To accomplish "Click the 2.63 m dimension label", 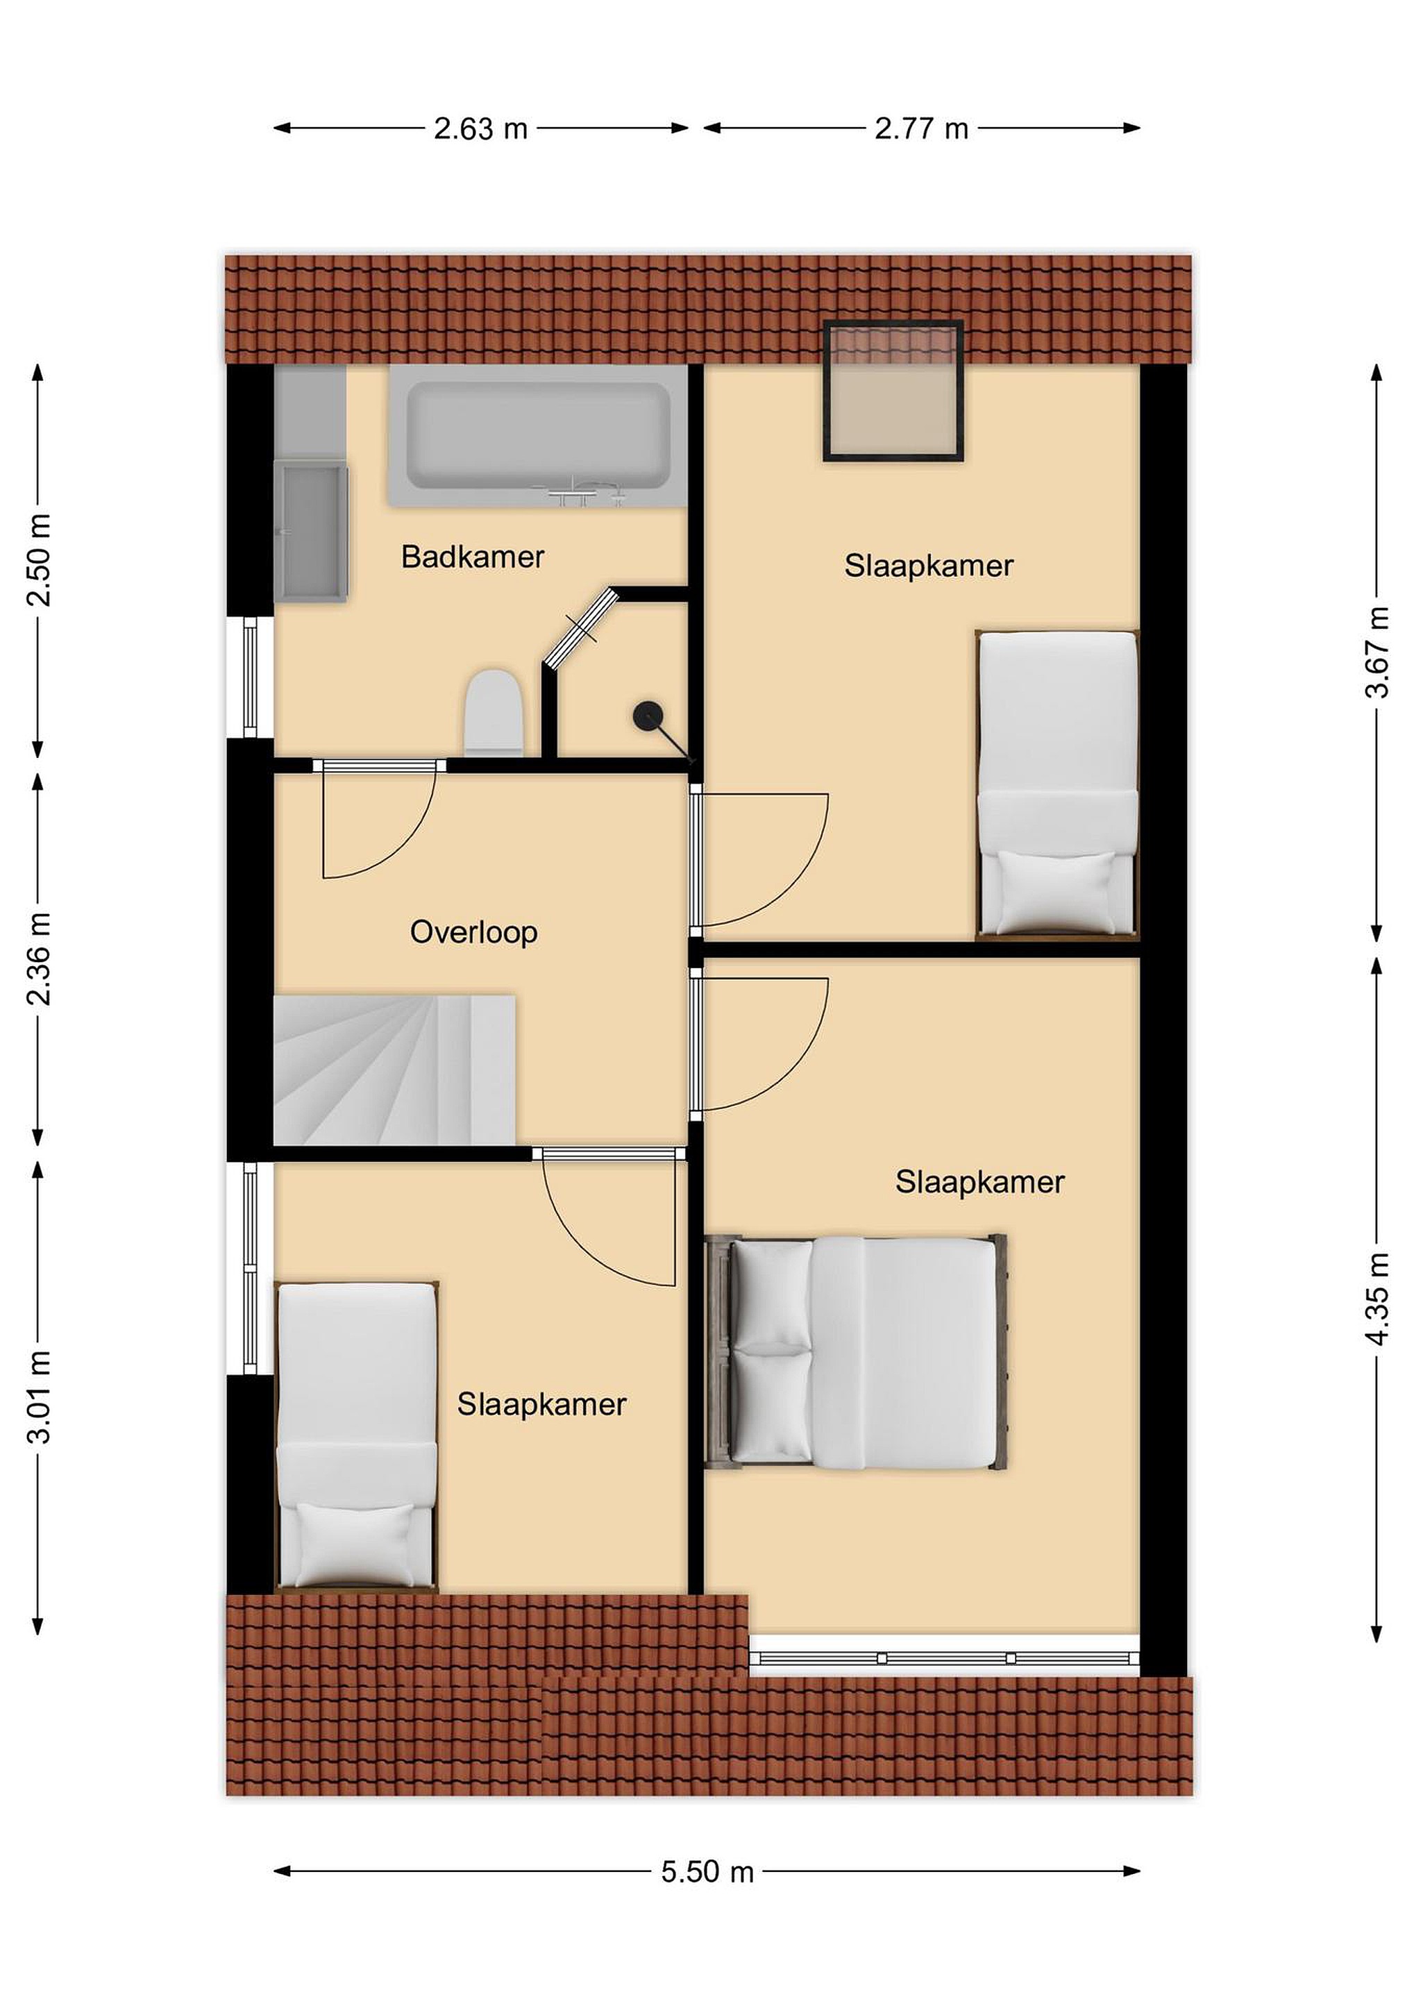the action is [480, 129].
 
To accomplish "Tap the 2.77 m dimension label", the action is [921, 129].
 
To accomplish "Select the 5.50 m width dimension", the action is [707, 1872].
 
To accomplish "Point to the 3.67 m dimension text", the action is [1377, 652].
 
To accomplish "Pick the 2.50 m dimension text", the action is [38, 560].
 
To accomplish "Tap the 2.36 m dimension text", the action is [38, 959].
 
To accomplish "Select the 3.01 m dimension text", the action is [38, 1397].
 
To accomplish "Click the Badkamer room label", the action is [473, 557].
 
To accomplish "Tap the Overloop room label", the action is [473, 932].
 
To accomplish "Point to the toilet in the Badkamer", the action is [494, 713].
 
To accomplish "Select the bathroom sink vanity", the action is [311, 531].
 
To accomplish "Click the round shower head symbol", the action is [648, 716].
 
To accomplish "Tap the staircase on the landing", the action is [394, 1070].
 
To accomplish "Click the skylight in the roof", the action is [893, 391].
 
